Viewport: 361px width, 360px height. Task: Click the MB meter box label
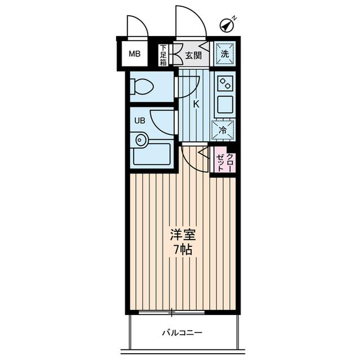pos(134,55)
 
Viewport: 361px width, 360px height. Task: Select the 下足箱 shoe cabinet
pos(163,55)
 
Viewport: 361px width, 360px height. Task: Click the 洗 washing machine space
pos(224,54)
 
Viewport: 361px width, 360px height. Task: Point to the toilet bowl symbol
pos(142,87)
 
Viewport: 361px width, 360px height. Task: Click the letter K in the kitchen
pos(196,104)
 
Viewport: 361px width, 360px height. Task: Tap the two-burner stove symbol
pos(225,83)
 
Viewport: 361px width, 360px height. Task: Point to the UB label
pos(139,120)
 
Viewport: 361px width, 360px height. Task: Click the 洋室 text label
pos(182,234)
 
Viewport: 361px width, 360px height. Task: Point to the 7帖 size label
pos(182,250)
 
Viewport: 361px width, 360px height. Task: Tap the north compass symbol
pos(227,25)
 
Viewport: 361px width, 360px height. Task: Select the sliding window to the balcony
pos(171,312)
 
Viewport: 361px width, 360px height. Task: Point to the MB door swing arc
pos(137,26)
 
